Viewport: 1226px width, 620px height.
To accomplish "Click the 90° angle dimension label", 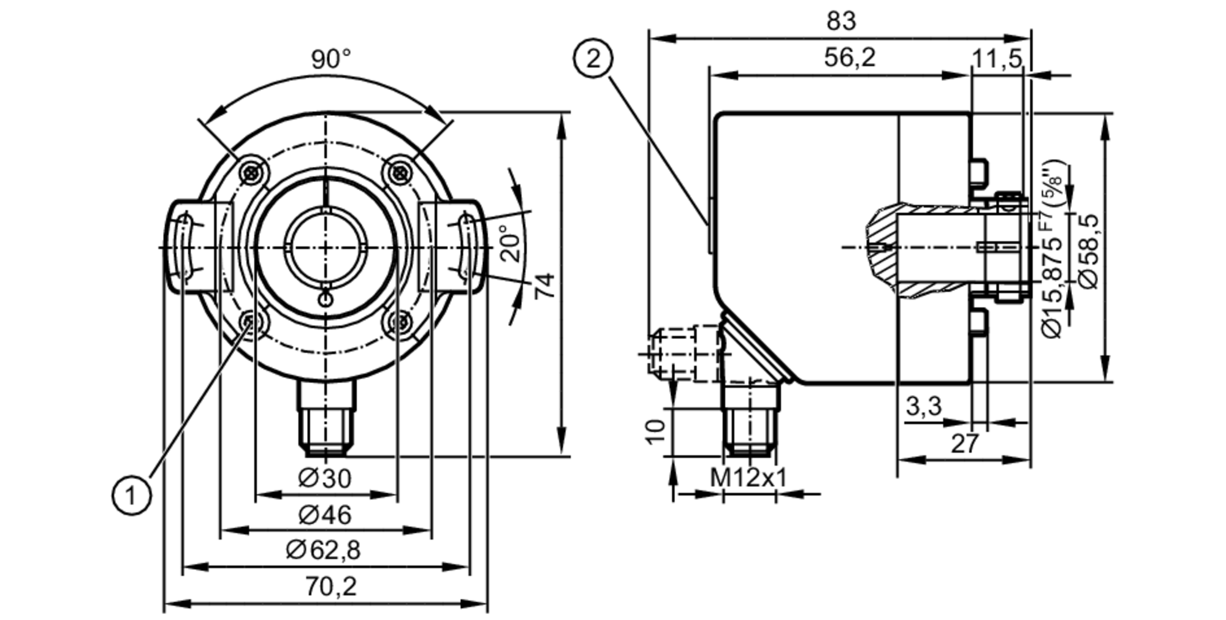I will [331, 59].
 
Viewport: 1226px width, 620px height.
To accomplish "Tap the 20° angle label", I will [514, 243].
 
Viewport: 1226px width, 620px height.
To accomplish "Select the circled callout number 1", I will [131, 495].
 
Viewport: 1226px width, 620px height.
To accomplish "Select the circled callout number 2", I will [593, 59].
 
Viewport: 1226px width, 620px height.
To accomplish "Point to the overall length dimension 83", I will [840, 21].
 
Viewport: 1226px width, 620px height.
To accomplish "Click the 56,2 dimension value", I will [850, 58].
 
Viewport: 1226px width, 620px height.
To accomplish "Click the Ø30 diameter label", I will [325, 478].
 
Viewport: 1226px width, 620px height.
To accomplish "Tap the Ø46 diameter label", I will [325, 515].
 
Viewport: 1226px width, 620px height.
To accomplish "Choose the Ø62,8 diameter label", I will [324, 551].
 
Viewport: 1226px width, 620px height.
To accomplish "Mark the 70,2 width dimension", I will [331, 587].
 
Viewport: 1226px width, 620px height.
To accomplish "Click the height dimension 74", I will [545, 285].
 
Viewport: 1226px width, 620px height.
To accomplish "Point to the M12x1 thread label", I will [748, 478].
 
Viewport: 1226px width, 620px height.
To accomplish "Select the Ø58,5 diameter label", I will [1089, 251].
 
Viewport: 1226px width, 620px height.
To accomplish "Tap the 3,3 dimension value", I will [923, 406].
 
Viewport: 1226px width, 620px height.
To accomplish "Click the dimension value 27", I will [964, 444].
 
